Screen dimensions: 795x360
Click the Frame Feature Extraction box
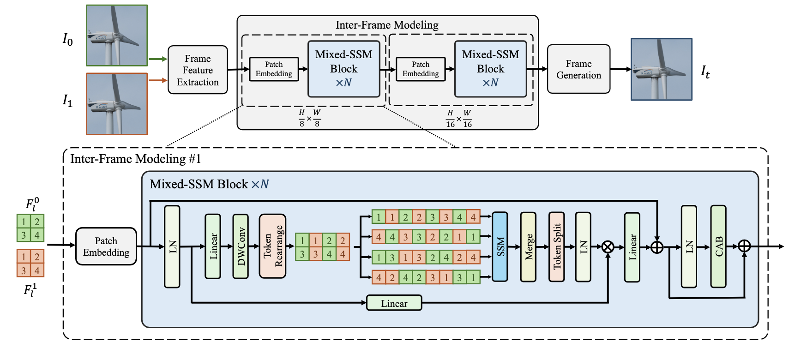click(198, 70)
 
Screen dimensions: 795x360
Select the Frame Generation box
click(578, 69)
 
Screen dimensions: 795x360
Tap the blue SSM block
click(500, 246)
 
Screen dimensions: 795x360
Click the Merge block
click(528, 246)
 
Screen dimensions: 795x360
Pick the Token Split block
click(556, 246)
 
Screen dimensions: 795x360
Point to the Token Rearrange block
click(272, 246)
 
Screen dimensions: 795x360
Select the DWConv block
click(241, 246)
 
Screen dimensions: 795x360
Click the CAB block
click(718, 246)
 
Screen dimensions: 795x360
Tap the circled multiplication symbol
click(608, 247)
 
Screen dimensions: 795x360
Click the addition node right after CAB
click(744, 246)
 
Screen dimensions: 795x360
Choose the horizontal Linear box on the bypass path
click(394, 303)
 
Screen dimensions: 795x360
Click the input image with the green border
click(117, 36)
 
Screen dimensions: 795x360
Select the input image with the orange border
click(117, 104)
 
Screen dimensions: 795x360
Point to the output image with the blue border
click(662, 69)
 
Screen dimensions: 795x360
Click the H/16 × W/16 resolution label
click(458, 119)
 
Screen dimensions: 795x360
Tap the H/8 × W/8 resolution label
click(309, 118)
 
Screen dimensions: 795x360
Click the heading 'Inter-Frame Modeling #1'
click(136, 159)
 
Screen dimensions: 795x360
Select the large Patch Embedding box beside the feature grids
click(106, 246)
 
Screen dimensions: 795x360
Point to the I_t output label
click(705, 72)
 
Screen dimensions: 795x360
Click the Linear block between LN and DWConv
click(213, 246)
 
